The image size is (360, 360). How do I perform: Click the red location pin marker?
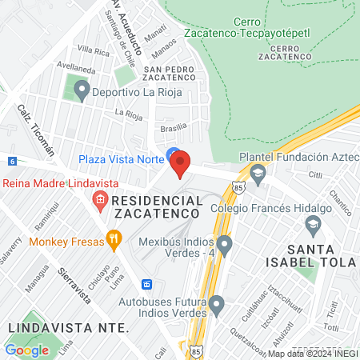coord(181,163)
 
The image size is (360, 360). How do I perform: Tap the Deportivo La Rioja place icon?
coord(81,90)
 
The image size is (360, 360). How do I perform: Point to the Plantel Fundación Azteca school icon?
coord(258,173)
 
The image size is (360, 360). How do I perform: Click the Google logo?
coord(26,350)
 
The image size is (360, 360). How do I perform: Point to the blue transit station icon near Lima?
coord(146,284)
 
